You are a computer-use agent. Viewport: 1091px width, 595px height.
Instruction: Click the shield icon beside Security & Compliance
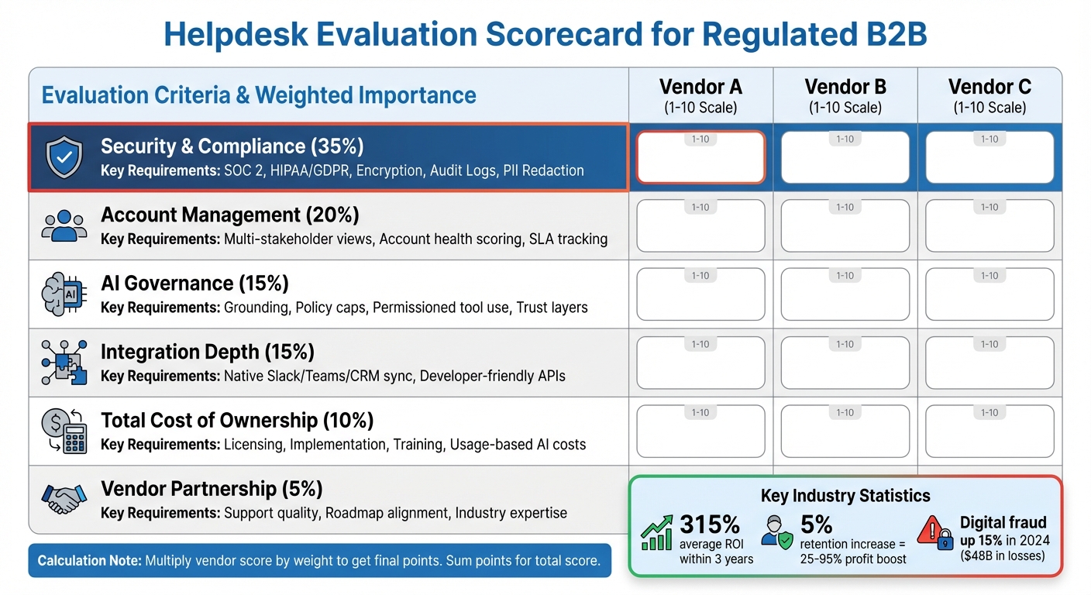click(x=64, y=157)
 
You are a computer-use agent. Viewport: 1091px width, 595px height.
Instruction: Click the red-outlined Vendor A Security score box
click(x=700, y=157)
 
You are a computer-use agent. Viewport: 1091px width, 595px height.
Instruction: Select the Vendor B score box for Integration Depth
click(x=845, y=363)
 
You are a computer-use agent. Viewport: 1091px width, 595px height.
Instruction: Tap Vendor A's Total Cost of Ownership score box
click(x=700, y=431)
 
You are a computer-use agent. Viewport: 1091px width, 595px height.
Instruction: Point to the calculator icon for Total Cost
click(x=64, y=431)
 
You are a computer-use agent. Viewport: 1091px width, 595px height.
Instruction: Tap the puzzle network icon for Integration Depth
click(x=64, y=363)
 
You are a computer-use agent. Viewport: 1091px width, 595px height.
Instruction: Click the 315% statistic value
click(x=709, y=525)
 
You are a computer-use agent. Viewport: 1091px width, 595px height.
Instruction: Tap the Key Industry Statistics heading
click(x=845, y=496)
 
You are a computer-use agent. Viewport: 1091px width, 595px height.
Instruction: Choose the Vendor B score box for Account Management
click(x=845, y=225)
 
